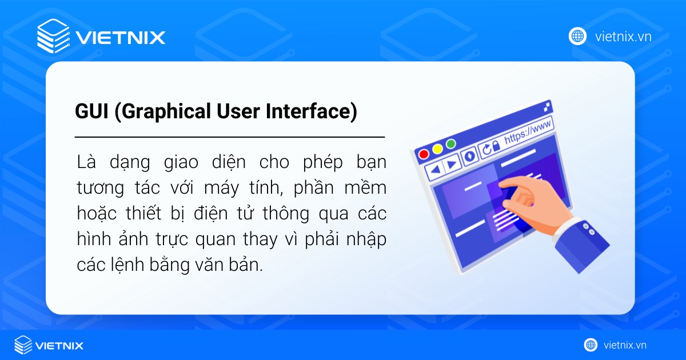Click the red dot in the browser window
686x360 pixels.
424,154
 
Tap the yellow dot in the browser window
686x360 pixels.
437,149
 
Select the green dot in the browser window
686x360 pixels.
451,144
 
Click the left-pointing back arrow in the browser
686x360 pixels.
436,169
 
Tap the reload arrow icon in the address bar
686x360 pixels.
486,150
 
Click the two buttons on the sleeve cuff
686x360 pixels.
588,229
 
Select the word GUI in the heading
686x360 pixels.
92,112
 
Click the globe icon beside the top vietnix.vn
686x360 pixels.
577,37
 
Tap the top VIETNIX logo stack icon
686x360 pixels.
53,37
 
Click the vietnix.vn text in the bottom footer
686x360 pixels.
625,345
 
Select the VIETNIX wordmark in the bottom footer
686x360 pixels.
59,345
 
